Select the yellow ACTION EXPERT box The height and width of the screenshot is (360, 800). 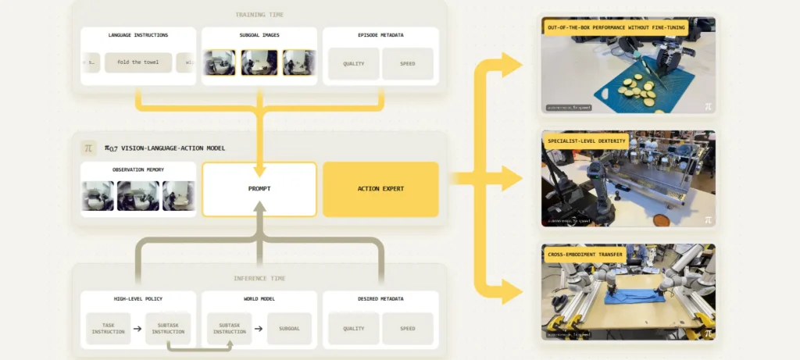pyautogui.click(x=380, y=189)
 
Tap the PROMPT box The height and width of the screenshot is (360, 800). pyautogui.click(x=259, y=189)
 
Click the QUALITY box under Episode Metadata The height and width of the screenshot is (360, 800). pyautogui.click(x=354, y=64)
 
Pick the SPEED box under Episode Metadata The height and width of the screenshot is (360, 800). pyautogui.click(x=407, y=64)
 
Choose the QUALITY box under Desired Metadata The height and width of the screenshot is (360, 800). pyautogui.click(x=354, y=329)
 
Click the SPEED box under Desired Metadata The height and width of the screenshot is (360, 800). pyautogui.click(x=407, y=329)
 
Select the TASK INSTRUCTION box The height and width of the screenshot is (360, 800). pyautogui.click(x=108, y=329)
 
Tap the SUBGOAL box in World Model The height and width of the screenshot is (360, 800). pyautogui.click(x=289, y=329)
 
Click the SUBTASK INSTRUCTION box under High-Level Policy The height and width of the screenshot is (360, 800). pyautogui.click(x=168, y=329)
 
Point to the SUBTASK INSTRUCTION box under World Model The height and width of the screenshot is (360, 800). pyautogui.click(x=229, y=329)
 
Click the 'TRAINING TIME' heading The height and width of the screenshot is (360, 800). pyautogui.click(x=259, y=14)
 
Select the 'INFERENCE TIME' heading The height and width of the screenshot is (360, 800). pyautogui.click(x=259, y=278)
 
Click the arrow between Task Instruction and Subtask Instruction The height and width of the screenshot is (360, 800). pyautogui.click(x=137, y=329)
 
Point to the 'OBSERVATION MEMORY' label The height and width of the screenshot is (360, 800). pyautogui.click(x=138, y=169)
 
